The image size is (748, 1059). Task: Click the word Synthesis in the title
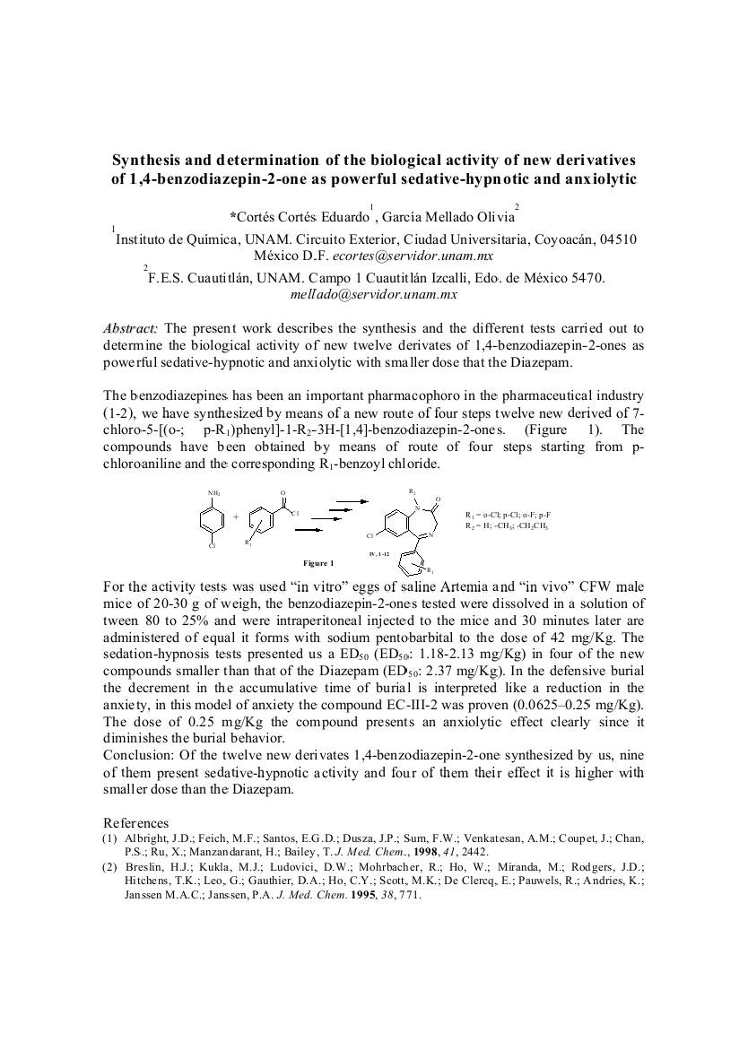[144, 160]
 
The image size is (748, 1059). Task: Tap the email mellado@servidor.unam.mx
[374, 293]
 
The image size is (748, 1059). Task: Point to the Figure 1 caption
[318, 563]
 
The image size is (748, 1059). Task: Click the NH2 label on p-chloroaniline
[213, 494]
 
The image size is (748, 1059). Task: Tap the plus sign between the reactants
[236, 517]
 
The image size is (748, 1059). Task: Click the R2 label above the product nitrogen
[412, 491]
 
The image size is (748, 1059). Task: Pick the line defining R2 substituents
[507, 526]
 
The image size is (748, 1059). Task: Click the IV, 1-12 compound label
[379, 554]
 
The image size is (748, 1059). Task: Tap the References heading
[135, 822]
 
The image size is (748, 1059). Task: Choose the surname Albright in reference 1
[146, 838]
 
